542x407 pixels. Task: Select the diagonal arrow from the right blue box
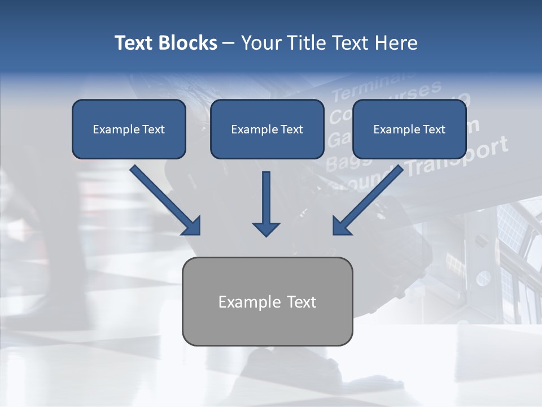[x=368, y=200]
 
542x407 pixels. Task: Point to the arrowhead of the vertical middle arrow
[x=266, y=228]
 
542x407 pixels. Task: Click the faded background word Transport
[x=457, y=158]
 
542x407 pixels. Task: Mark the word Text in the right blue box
[x=434, y=129]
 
